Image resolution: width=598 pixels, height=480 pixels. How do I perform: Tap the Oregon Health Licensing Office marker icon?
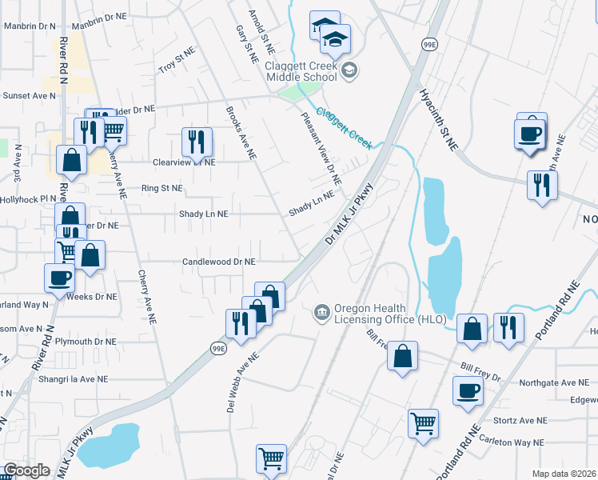point(321,310)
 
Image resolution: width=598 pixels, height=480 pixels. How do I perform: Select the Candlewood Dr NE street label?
point(218,262)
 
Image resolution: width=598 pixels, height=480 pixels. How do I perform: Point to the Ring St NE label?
point(161,188)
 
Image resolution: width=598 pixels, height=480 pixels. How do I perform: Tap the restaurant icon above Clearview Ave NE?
point(196,142)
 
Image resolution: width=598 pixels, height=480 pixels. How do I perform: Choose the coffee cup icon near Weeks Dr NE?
point(59,278)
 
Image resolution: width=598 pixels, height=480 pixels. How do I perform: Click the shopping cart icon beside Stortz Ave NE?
point(423,422)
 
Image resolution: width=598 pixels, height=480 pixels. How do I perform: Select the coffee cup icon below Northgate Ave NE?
point(468,390)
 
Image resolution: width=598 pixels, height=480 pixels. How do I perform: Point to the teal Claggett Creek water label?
point(345,128)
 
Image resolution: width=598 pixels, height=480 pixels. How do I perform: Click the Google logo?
point(26,470)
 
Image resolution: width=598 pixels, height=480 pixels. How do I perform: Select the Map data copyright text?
point(564,474)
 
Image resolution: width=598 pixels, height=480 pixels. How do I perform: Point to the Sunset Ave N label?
point(29,94)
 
